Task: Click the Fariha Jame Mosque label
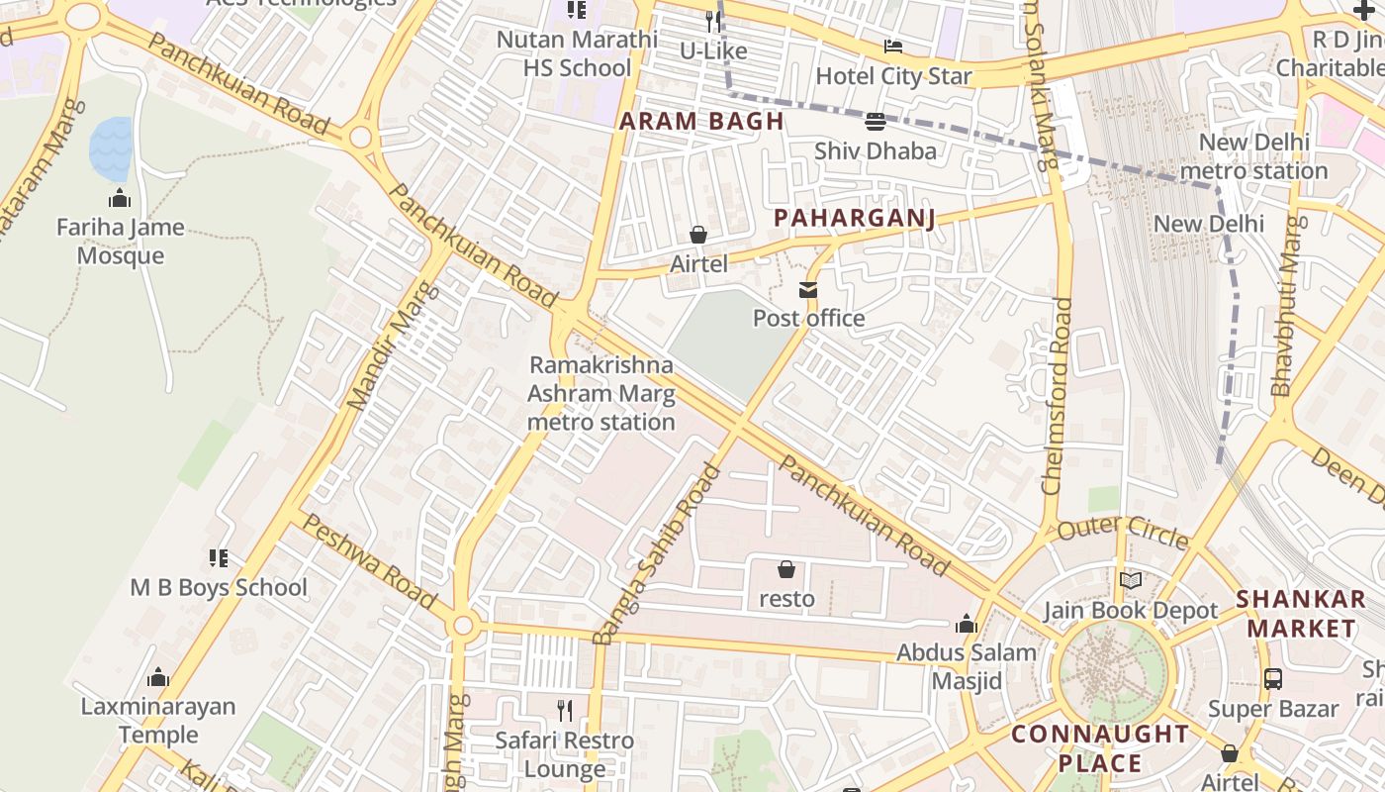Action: pos(120,242)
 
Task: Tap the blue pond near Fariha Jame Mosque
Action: pos(111,149)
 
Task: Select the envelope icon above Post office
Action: pos(808,290)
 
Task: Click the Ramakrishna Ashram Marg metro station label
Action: pos(600,393)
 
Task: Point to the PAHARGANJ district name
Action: pos(854,218)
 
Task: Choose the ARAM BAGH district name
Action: pos(701,122)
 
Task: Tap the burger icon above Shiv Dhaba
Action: pos(875,122)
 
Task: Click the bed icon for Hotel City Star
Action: pos(893,47)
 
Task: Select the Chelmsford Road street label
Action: pos(1056,396)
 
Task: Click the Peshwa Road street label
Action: pos(368,560)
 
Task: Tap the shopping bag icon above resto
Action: pos(786,569)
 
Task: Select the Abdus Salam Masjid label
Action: pos(966,666)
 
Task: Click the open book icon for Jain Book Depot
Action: pos(1130,581)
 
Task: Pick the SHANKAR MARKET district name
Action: pos(1300,614)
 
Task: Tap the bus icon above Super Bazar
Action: pos(1273,679)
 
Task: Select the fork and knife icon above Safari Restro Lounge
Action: pos(565,710)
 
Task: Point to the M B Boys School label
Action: pos(219,587)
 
